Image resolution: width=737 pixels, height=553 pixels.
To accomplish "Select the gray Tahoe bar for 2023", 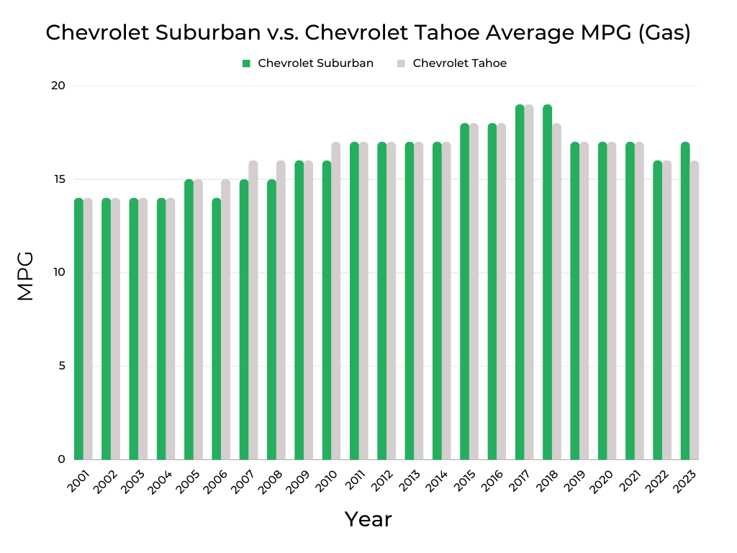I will [x=695, y=310].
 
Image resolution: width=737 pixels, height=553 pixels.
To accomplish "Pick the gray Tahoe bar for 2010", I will [x=336, y=301].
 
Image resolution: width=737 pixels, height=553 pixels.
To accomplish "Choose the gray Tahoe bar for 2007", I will [x=253, y=310].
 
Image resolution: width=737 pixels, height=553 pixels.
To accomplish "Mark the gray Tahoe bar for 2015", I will [x=474, y=292].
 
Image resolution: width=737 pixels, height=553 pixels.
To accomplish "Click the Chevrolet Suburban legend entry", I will [x=315, y=63].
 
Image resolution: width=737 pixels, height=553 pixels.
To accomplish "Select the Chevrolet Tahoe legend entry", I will [x=459, y=63].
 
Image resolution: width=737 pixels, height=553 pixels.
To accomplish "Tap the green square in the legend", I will [x=246, y=63].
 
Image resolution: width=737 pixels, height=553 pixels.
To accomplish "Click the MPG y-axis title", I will [x=25, y=275].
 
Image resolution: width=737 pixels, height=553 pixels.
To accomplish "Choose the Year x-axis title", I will [x=368, y=518].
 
